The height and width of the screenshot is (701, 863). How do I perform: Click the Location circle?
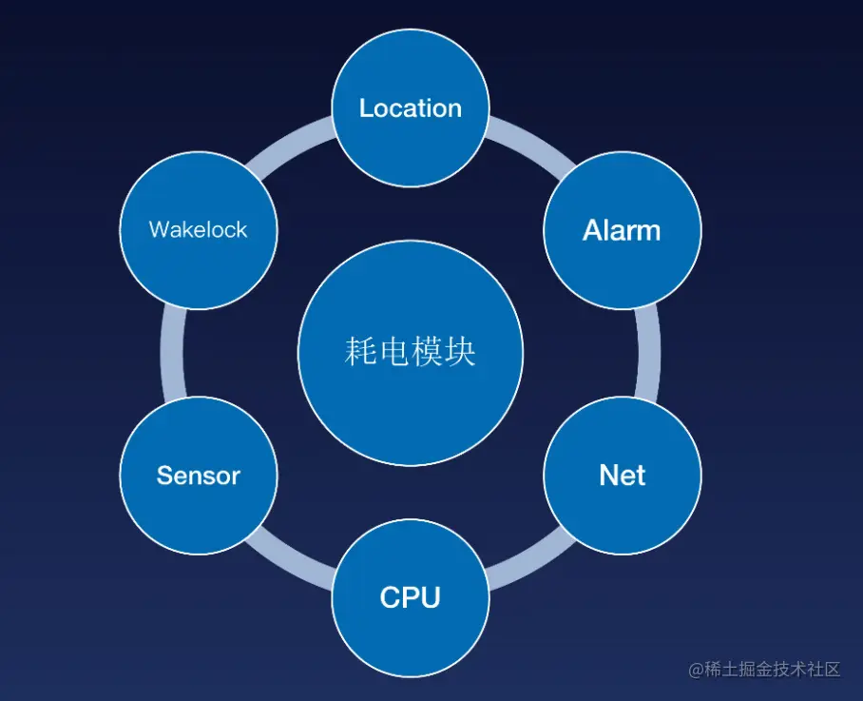tap(411, 107)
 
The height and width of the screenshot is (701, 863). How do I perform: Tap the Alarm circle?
tap(623, 230)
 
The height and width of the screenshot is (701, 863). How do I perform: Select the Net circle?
tap(623, 476)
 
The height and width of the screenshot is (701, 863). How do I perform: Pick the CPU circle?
tap(411, 598)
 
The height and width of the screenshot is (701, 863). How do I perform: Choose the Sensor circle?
tap(199, 476)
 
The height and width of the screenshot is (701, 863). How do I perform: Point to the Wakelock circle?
tap(199, 230)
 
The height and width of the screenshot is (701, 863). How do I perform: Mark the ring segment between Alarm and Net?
tap(648, 353)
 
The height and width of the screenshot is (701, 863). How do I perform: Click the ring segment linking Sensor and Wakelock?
tap(173, 353)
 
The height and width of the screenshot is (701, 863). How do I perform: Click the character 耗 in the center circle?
tap(360, 351)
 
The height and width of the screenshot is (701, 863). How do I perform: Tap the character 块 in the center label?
tap(460, 351)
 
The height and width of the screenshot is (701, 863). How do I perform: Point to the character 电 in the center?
tap(393, 351)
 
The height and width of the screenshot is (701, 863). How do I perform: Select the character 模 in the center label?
tap(427, 351)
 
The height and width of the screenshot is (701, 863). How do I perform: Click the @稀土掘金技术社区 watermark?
tap(764, 669)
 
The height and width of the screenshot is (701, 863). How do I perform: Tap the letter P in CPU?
tap(411, 598)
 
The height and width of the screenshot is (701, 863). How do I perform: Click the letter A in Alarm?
tap(593, 230)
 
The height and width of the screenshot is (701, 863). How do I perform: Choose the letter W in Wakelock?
tap(161, 229)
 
